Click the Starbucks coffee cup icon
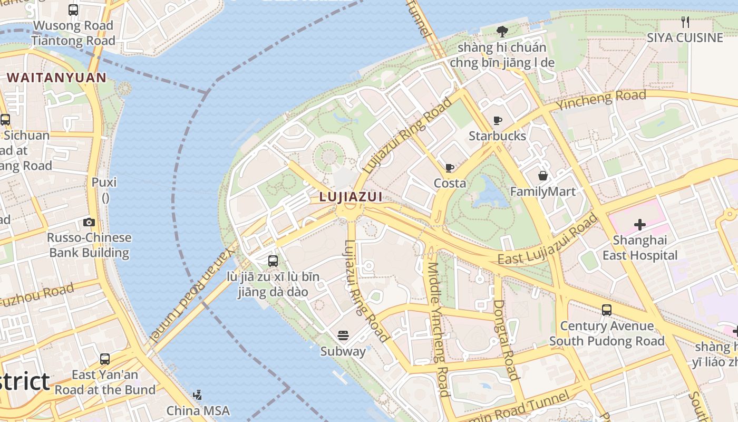pyautogui.click(x=497, y=121)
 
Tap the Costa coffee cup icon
pyautogui.click(x=449, y=168)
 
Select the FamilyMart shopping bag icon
pyautogui.click(x=542, y=176)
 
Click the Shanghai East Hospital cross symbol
pyautogui.click(x=639, y=225)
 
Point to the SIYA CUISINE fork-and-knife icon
pyautogui.click(x=685, y=22)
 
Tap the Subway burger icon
pyautogui.click(x=343, y=335)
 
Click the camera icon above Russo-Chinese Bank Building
pyautogui.click(x=89, y=222)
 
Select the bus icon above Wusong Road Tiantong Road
pyautogui.click(x=73, y=9)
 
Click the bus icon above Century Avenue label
pyautogui.click(x=607, y=310)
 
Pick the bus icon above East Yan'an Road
pyautogui.click(x=105, y=359)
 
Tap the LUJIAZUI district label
pyautogui.click(x=351, y=197)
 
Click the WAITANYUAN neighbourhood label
pyautogui.click(x=56, y=78)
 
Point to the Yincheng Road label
pyautogui.click(x=601, y=100)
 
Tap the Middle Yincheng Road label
pyautogui.click(x=438, y=330)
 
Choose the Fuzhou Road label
pyautogui.click(x=37, y=295)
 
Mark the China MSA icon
pyautogui.click(x=197, y=395)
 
